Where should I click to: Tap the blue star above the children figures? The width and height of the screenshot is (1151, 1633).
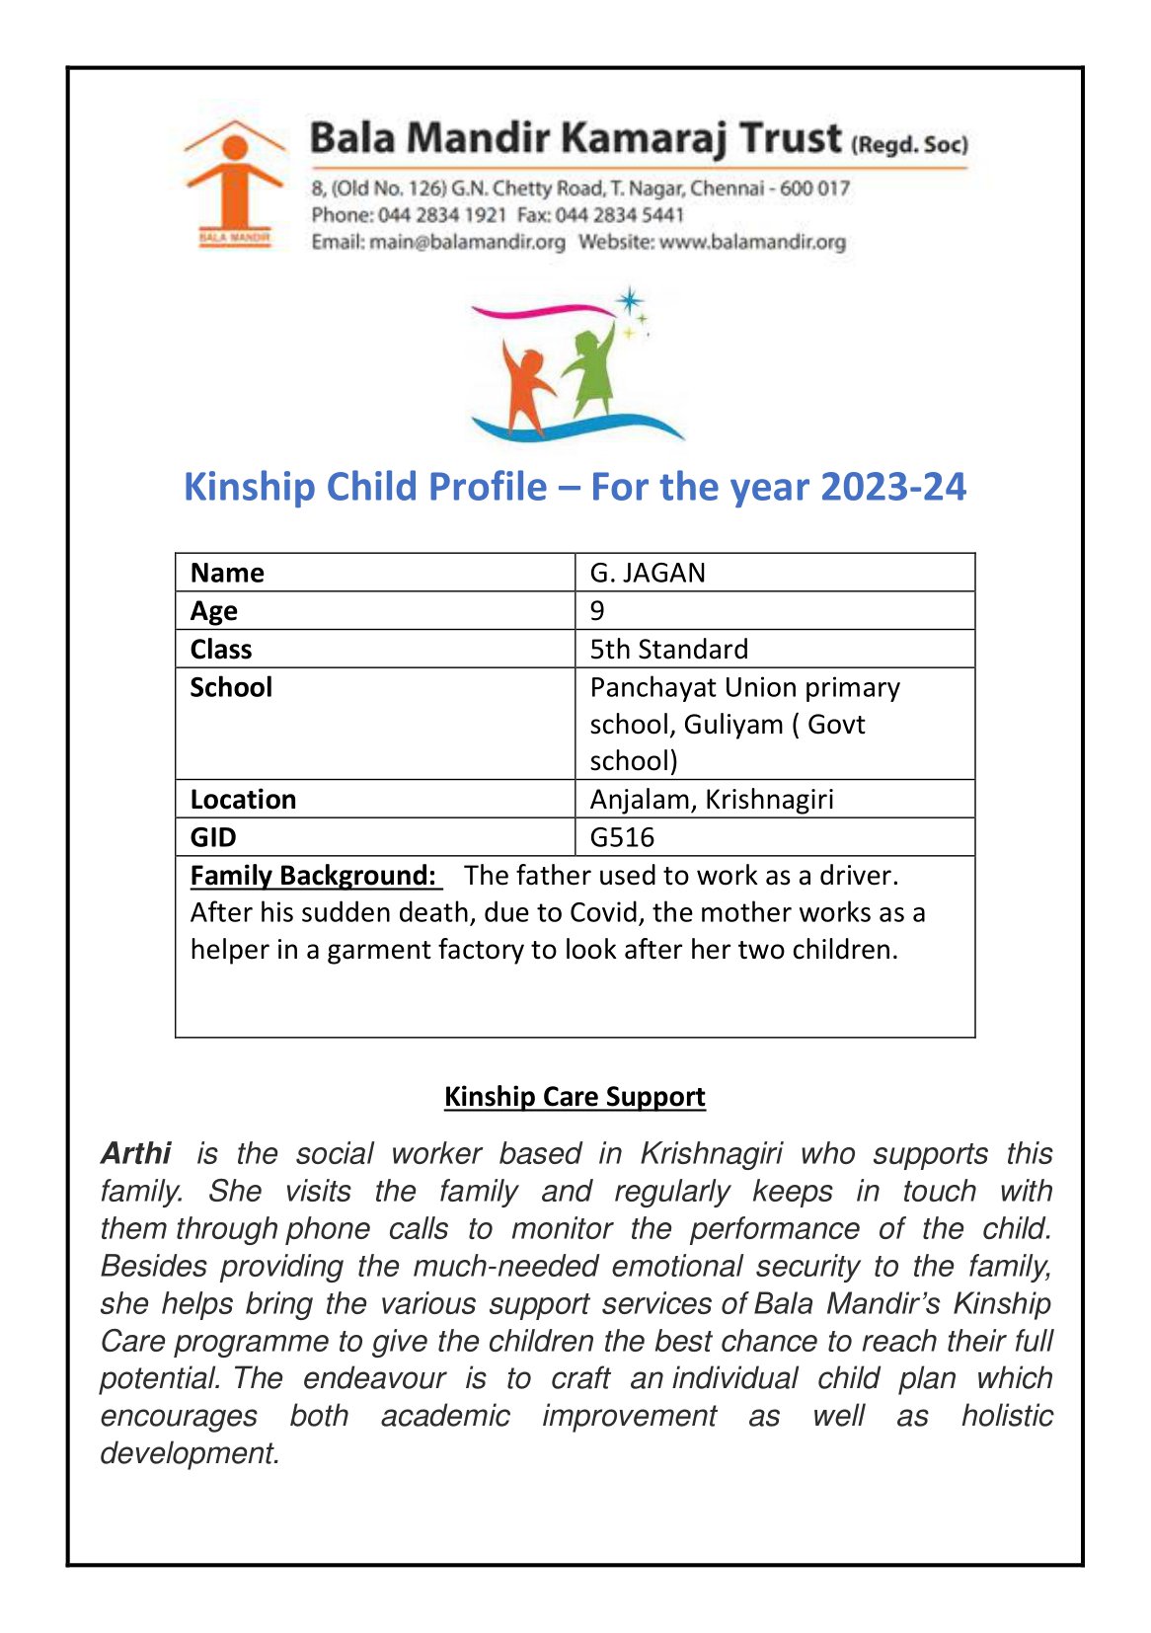coord(629,300)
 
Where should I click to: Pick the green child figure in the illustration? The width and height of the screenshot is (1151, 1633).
coord(588,374)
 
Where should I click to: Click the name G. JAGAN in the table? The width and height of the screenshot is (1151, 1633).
coord(648,573)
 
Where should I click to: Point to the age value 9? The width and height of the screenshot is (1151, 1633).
coord(597,611)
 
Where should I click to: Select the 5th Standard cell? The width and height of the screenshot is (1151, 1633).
coord(668,649)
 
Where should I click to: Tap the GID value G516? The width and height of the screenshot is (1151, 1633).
coord(622,837)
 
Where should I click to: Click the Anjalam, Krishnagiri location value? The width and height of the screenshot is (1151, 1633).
coord(711,799)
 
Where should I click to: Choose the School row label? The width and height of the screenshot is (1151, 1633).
coord(231,687)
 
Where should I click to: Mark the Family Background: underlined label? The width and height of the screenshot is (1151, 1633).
coord(314,876)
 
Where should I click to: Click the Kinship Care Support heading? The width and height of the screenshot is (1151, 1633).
coord(575,1097)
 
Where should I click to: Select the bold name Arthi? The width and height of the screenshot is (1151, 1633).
coord(136,1153)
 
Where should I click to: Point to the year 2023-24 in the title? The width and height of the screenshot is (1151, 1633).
coord(892,487)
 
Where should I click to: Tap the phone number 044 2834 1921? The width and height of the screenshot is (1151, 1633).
coord(442,215)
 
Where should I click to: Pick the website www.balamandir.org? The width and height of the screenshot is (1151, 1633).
coord(752,242)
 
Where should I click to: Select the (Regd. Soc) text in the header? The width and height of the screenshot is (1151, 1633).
coord(908,145)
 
